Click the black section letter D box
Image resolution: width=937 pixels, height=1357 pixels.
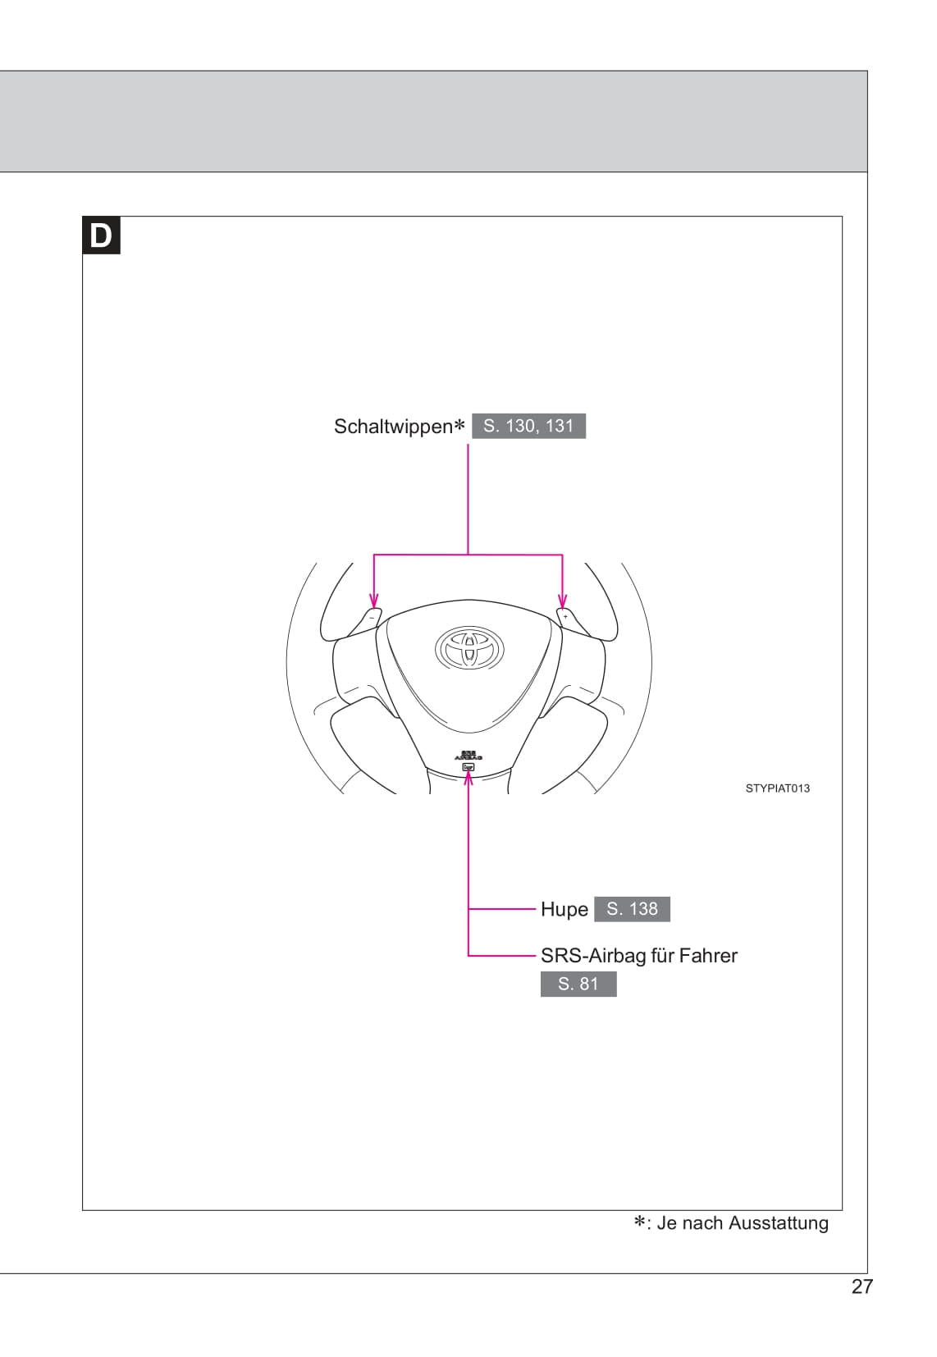[101, 235]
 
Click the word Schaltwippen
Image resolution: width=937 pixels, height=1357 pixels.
[393, 427]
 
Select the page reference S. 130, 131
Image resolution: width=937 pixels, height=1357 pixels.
[528, 426]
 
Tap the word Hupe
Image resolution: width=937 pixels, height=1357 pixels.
[564, 909]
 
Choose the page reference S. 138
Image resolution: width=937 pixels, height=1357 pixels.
[632, 909]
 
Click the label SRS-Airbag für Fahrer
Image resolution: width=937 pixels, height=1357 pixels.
[639, 955]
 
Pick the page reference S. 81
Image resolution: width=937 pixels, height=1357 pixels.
[578, 984]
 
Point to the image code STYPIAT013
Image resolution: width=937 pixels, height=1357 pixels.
[777, 788]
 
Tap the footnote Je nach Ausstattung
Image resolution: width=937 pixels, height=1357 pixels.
[743, 1223]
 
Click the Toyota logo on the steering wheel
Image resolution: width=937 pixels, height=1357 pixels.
[468, 647]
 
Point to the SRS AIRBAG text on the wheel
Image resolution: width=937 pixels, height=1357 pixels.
[468, 756]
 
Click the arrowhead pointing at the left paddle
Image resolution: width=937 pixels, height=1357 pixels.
[374, 601]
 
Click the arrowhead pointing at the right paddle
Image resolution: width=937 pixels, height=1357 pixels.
[563, 601]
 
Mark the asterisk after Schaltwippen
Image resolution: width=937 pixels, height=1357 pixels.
[459, 425]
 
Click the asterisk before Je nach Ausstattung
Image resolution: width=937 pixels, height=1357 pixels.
[639, 1222]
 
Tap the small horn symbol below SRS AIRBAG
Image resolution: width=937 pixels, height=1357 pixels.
[468, 767]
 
